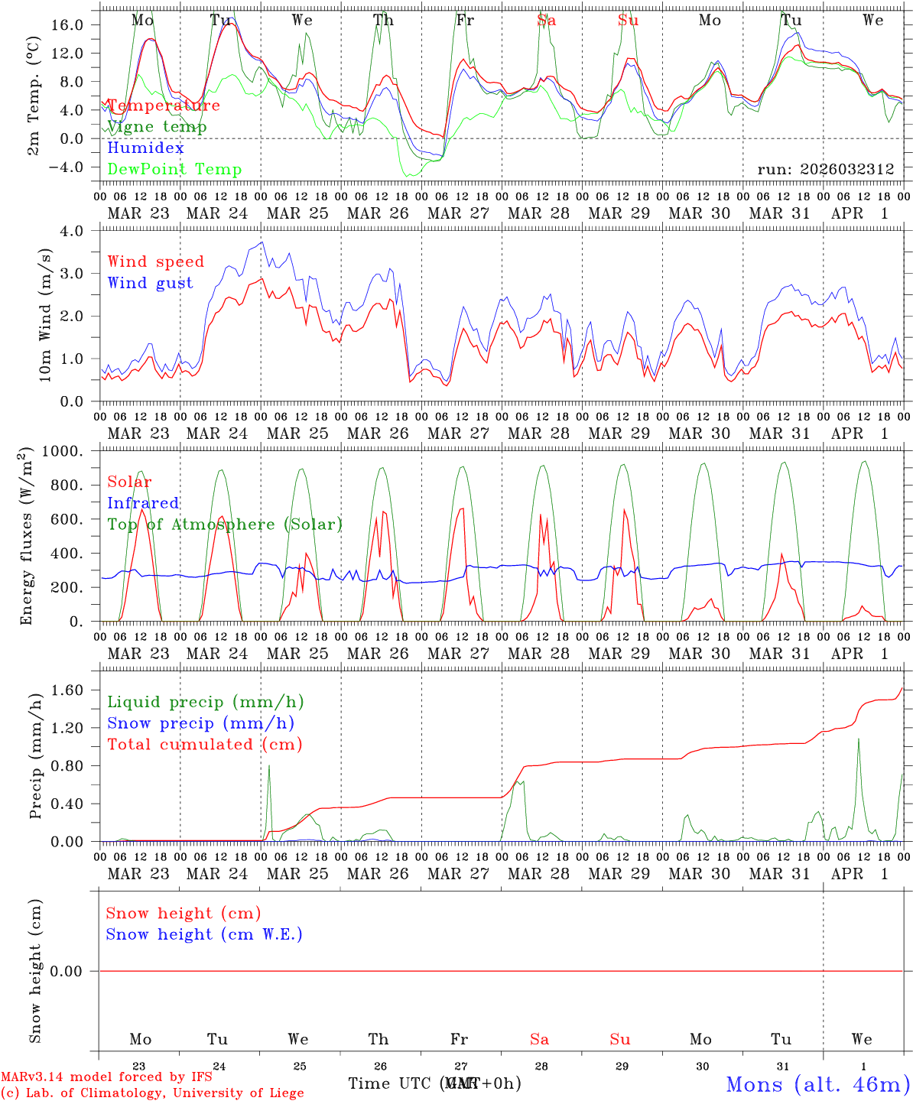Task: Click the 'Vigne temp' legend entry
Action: pos(157,127)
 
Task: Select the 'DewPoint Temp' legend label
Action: pos(174,170)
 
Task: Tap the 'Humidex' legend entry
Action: pos(145,148)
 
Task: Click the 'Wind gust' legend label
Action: pos(150,283)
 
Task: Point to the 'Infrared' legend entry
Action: pos(143,503)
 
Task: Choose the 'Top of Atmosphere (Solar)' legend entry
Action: pos(225,525)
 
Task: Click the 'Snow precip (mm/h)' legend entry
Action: pos(201,723)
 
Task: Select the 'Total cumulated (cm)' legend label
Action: pos(205,745)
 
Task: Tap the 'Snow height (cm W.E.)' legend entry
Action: pos(204,934)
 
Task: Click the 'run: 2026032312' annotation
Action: pos(826,170)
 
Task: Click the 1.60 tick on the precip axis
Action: pos(67,690)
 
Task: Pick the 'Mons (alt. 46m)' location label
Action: pos(817,1084)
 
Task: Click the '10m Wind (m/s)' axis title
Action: pos(46,315)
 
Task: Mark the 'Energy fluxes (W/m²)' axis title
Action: pos(27,535)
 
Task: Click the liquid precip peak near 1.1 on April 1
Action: pos(858,739)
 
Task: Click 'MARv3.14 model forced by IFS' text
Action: pos(106,1077)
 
